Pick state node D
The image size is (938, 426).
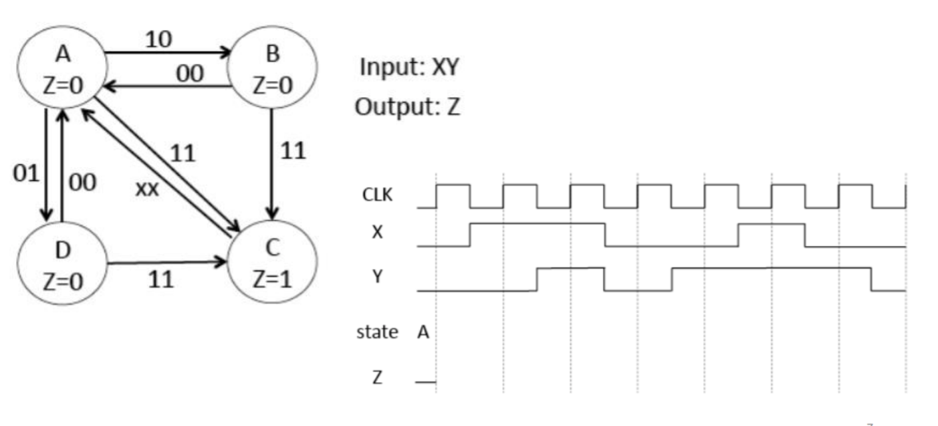click(x=62, y=266)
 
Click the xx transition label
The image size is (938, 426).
click(x=147, y=189)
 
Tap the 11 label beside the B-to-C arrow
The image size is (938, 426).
click(x=293, y=151)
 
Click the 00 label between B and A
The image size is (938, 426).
click(x=189, y=74)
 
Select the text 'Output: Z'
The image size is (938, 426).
click(x=407, y=106)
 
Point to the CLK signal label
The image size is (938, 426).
click(x=377, y=196)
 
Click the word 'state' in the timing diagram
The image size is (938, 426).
click(x=377, y=332)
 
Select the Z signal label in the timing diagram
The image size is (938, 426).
click(x=376, y=378)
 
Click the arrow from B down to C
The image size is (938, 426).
click(x=271, y=163)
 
